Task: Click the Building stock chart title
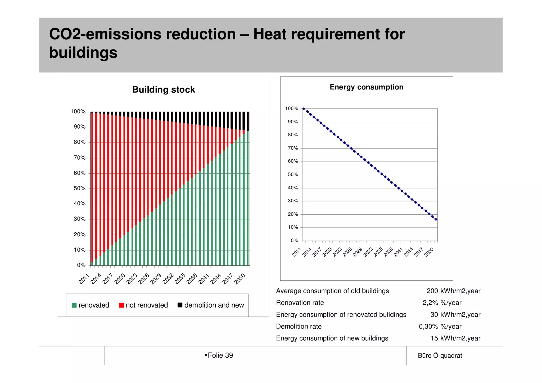click(x=164, y=90)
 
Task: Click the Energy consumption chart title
click(x=366, y=87)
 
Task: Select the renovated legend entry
click(x=91, y=305)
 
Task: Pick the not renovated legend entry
click(x=143, y=305)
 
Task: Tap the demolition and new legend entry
click(x=211, y=305)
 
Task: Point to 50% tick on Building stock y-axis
click(x=79, y=188)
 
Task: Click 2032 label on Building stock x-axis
click(x=168, y=279)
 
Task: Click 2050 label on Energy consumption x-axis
click(x=429, y=252)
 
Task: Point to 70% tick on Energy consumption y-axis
click(x=293, y=148)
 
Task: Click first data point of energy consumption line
click(x=304, y=109)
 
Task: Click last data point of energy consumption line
click(x=436, y=219)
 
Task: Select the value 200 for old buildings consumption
click(x=432, y=291)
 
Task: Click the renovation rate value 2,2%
click(x=430, y=303)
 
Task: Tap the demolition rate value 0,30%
click(x=428, y=327)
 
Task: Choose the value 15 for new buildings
click(x=434, y=338)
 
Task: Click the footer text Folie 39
click(x=220, y=355)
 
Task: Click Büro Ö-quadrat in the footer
click(x=440, y=356)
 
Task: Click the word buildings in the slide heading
click(x=83, y=53)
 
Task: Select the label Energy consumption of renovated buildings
click(x=341, y=315)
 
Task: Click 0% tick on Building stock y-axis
click(x=81, y=265)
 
